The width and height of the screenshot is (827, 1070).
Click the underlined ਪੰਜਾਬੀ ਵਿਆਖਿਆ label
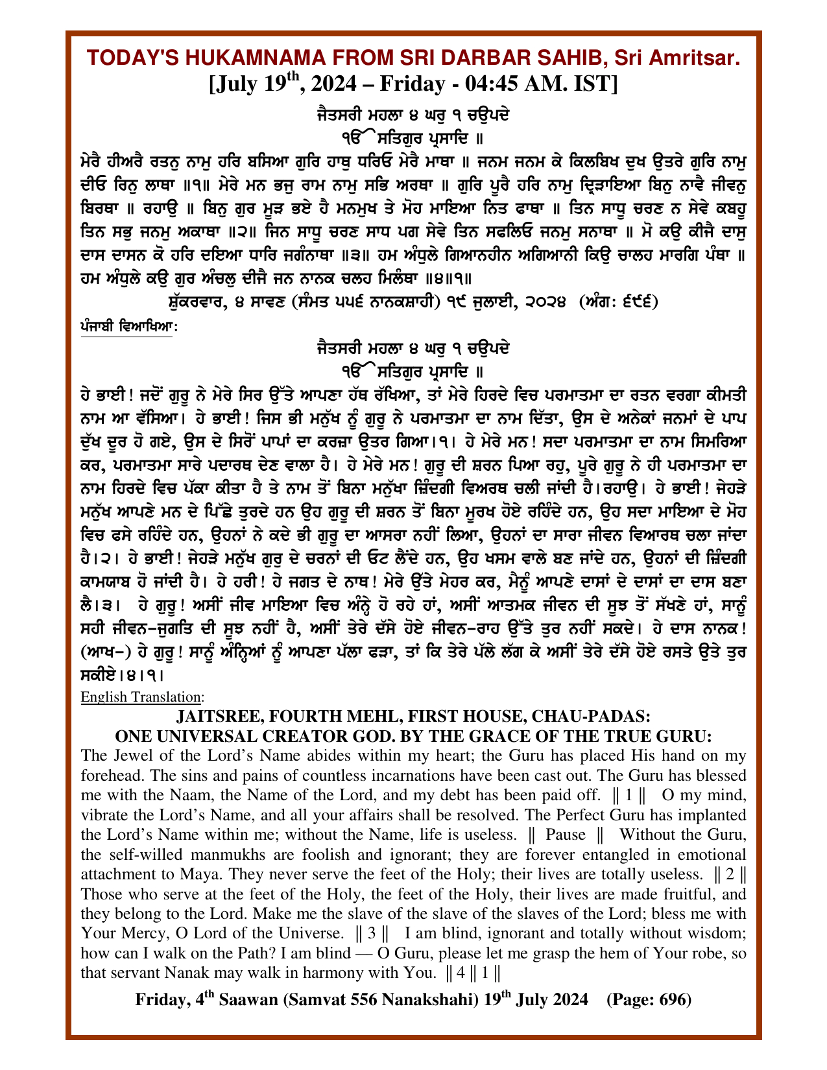pos(126,327)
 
